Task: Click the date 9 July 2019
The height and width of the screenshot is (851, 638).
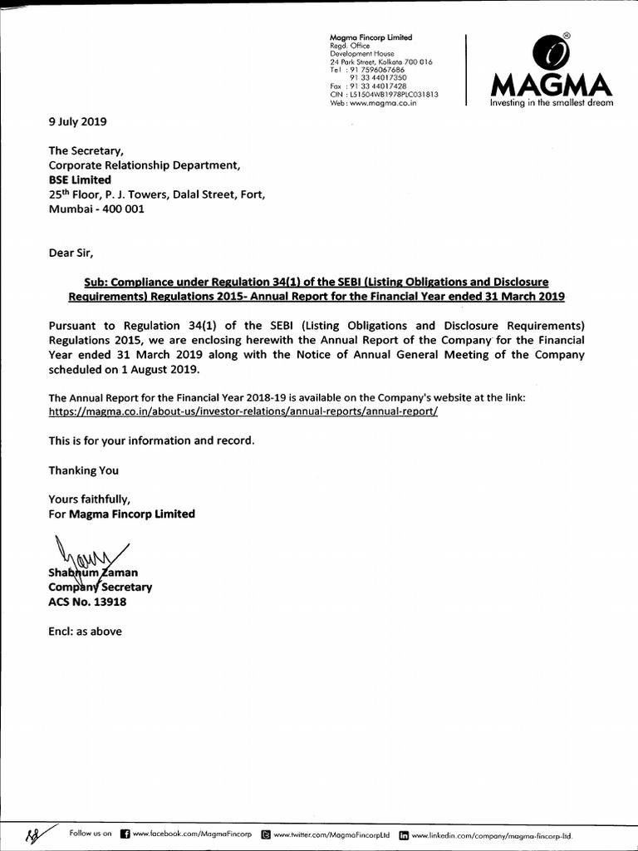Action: click(x=78, y=121)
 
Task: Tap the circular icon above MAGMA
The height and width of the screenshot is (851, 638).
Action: click(x=548, y=52)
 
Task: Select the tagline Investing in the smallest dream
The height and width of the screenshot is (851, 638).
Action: click(x=552, y=103)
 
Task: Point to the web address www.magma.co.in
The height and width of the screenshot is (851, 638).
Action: click(x=373, y=103)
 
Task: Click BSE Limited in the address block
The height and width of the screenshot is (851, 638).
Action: click(x=80, y=180)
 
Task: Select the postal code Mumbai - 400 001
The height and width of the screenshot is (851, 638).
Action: click(x=96, y=209)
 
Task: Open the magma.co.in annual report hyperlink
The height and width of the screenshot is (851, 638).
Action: click(x=243, y=411)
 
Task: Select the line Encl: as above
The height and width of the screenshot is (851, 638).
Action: click(x=85, y=632)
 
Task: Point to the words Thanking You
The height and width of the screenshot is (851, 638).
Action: click(x=83, y=470)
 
